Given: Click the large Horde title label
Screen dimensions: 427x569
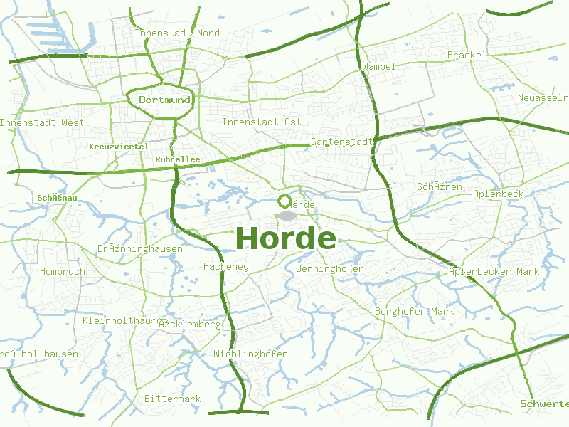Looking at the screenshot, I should pos(285,238).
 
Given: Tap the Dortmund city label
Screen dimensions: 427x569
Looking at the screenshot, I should pos(164,100).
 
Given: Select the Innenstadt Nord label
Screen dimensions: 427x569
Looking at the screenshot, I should pos(177,33).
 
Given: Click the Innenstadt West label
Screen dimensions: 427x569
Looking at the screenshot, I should pos(42,122).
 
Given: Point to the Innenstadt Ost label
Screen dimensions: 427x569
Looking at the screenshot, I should pos(261,122).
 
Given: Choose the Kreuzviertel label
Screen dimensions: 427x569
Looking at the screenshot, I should pos(119,146).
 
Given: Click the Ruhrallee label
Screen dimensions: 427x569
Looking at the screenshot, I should pos(177,159).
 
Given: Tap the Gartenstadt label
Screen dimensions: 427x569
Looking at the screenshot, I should pos(342,142).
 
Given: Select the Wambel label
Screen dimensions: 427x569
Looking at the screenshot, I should pos(378,66).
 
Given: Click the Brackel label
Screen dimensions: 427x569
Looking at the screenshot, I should pos(467,55).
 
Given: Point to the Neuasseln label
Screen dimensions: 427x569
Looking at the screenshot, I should pos(542,97).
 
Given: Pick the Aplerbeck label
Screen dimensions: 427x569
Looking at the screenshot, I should pos(498,194).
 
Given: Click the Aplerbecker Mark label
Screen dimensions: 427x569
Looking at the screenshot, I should pos(494,271).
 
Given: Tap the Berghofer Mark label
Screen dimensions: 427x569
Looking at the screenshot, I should pos(414,311).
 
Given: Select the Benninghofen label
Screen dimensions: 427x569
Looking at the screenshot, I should pos(330,268).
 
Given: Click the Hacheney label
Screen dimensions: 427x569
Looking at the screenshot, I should pos(226,267).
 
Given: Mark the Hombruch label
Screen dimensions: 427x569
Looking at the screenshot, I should pos(63,271).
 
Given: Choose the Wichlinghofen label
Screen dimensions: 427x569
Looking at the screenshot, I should pos(250,354).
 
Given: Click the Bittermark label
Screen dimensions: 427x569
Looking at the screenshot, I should pos(172,399).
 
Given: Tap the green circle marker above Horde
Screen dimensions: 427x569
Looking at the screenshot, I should pos(284,201).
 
